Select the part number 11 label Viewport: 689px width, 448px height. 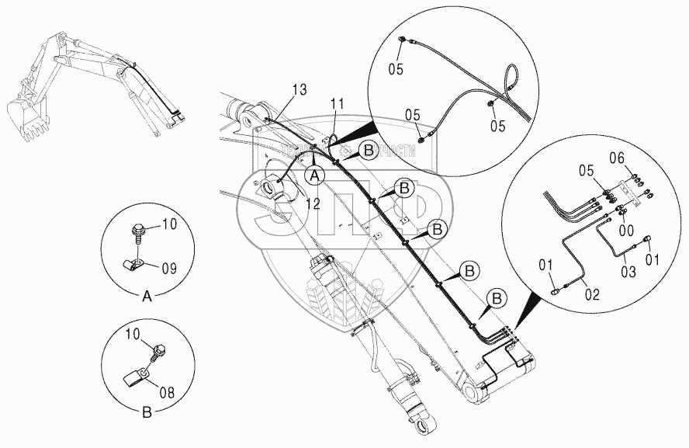coord(336,102)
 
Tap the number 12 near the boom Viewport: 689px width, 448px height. coord(313,204)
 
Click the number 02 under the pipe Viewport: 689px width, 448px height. coord(592,295)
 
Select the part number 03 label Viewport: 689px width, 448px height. coord(627,271)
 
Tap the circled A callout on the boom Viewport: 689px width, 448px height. coord(314,175)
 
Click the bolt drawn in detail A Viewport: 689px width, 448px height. coord(137,231)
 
